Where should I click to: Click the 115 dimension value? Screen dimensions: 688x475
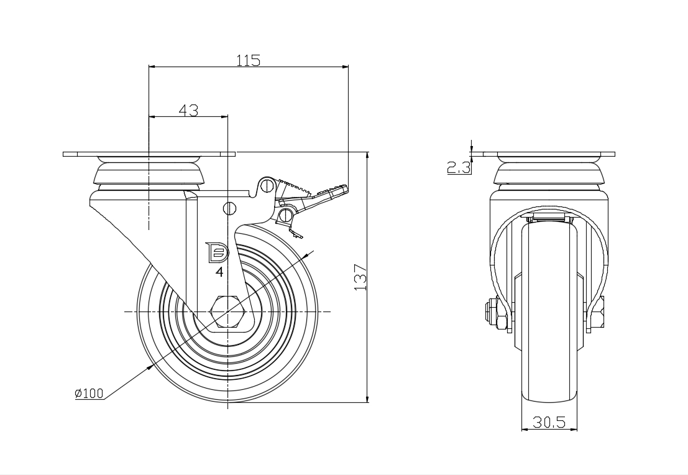tap(249, 60)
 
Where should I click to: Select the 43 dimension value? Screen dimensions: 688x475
tap(188, 110)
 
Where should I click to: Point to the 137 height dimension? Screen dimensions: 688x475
tap(360, 277)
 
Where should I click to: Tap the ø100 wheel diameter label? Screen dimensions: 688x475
tap(89, 394)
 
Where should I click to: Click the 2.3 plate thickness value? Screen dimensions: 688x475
tap(459, 167)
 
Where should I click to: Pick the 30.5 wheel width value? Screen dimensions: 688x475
tap(549, 422)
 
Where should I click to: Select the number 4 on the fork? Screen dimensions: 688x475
tap(219, 272)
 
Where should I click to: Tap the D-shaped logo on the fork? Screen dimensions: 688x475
tap(217, 252)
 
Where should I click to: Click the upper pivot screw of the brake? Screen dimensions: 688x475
tap(267, 186)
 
